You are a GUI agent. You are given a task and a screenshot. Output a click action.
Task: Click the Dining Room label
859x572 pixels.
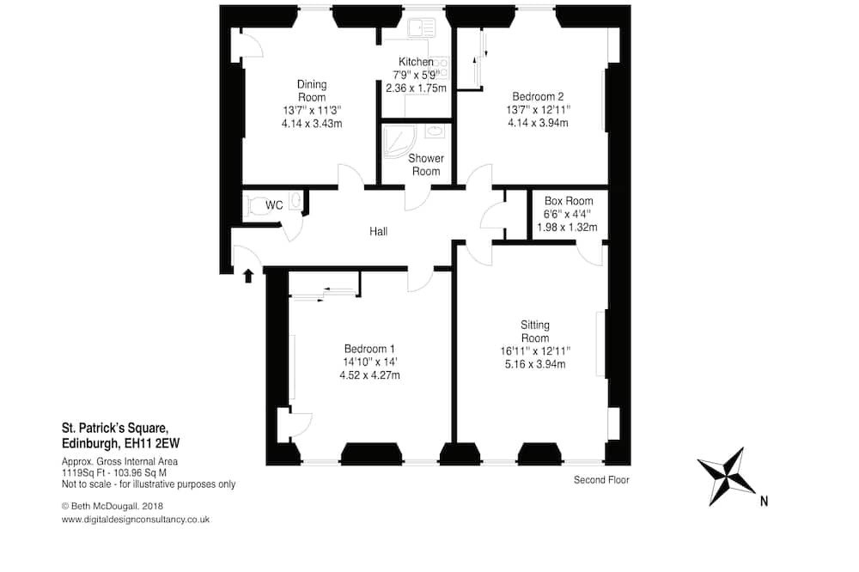tap(312, 91)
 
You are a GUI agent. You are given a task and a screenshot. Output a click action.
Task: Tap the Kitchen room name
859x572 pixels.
tap(416, 62)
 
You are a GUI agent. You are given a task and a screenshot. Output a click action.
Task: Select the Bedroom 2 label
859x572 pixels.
tap(538, 97)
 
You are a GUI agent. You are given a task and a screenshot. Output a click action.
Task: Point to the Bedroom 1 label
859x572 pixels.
tap(369, 349)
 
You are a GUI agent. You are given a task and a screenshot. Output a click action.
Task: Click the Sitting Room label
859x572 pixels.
tap(534, 332)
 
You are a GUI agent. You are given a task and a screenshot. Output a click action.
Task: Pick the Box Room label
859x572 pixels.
tap(569, 201)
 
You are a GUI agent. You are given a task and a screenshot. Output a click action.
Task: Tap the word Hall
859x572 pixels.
tap(379, 232)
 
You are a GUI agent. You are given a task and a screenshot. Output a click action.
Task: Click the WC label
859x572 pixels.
tap(274, 205)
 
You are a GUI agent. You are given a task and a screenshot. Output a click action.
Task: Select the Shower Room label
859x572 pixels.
tap(426, 165)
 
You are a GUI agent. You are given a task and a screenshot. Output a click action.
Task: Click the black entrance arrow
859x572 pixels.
tap(248, 276)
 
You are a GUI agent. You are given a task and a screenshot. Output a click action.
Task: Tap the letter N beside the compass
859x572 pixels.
tap(764, 501)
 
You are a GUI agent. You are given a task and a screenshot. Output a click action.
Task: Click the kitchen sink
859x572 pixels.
tap(421, 27)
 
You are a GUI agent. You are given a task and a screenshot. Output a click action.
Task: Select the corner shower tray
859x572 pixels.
tap(399, 142)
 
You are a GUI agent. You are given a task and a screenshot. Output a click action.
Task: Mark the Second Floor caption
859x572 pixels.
tap(601, 480)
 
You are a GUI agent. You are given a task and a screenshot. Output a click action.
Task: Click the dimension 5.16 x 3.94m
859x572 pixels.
tap(534, 364)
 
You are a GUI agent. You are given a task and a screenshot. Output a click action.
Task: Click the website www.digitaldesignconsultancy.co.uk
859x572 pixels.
tap(136, 520)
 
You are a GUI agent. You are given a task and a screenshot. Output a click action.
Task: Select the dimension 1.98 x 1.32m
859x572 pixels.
tap(567, 228)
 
